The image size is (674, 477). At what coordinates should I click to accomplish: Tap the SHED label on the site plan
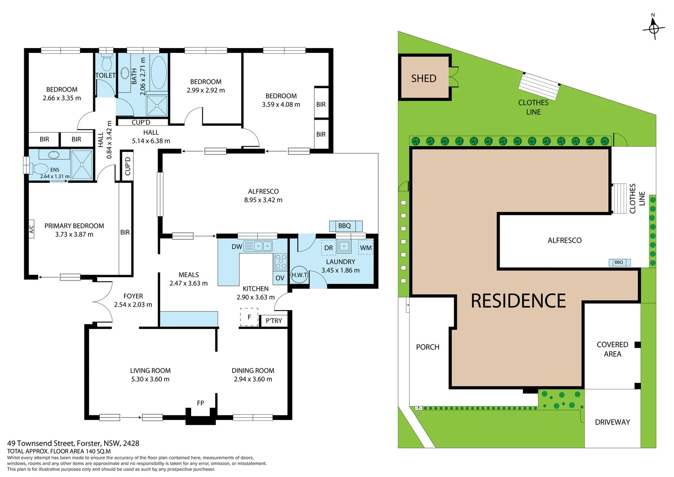(423, 79)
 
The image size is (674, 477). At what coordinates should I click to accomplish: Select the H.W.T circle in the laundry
(299, 275)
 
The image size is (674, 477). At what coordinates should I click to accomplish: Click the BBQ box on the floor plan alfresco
(345, 226)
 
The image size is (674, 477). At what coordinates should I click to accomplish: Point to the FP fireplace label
(200, 403)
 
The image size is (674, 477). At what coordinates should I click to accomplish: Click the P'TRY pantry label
(274, 321)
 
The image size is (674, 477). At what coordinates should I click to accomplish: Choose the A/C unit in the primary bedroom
(31, 229)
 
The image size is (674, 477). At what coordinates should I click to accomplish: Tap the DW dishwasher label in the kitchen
(237, 246)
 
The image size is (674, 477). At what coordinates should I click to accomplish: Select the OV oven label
(280, 278)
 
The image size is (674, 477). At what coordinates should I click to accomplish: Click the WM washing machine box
(365, 248)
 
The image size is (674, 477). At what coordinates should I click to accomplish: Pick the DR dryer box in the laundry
(328, 248)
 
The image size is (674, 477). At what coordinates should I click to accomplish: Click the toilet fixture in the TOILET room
(106, 63)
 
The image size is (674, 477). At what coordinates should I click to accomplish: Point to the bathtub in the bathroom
(158, 72)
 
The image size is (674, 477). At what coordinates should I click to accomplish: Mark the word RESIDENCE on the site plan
(518, 301)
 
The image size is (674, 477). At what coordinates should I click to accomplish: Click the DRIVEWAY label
(612, 422)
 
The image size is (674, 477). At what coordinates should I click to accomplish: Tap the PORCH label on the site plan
(427, 347)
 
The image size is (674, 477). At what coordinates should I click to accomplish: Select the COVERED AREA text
(612, 349)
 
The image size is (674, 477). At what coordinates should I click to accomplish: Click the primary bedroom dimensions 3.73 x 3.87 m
(74, 235)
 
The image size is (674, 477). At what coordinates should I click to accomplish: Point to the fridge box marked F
(249, 317)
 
